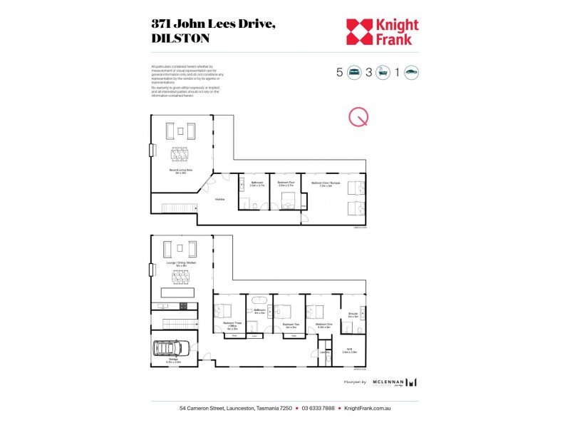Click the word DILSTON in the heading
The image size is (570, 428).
[181, 39]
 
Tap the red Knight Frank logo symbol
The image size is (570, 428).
[360, 31]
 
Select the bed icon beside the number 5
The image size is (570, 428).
[354, 72]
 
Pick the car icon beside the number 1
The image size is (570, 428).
[411, 72]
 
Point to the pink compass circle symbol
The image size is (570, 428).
[358, 118]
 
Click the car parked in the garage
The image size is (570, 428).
[170, 349]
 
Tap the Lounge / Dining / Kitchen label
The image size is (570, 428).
[181, 263]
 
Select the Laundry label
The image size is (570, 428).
[324, 351]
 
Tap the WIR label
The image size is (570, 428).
[349, 350]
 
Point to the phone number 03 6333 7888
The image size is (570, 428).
[318, 409]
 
